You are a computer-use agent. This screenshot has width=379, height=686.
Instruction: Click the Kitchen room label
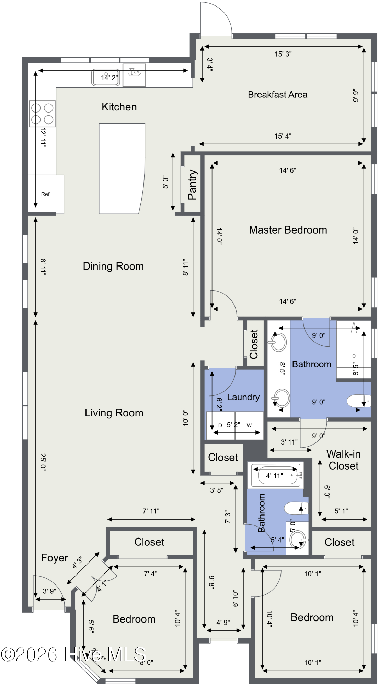pos(119,107)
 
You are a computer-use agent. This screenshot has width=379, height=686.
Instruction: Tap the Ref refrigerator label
pos(45,194)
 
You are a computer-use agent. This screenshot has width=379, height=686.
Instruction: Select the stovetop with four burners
pos(42,114)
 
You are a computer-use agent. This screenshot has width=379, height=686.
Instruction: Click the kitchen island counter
pos(122,169)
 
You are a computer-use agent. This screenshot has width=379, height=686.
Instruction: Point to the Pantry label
pos(192,185)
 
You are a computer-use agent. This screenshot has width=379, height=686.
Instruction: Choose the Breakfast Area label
pos(277,95)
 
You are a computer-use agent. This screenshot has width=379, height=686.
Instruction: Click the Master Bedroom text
pos(288,230)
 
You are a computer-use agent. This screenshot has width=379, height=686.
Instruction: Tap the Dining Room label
pos(113,266)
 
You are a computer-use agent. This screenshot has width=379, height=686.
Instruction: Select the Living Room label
pos(114,413)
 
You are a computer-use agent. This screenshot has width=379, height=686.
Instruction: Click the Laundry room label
pos(243,397)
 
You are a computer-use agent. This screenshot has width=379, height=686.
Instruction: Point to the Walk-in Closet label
pos(343,460)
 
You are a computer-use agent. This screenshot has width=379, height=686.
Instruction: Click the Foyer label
pos(55,558)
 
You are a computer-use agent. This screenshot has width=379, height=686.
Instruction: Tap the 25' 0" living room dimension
pos(43,462)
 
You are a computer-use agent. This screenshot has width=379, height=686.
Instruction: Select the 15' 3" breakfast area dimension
pos(283,54)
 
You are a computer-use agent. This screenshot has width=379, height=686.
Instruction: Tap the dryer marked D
pos(220,426)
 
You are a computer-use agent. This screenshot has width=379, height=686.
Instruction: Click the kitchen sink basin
pos(106,78)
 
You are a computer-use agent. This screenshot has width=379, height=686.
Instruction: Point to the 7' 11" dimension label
pos(151,511)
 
